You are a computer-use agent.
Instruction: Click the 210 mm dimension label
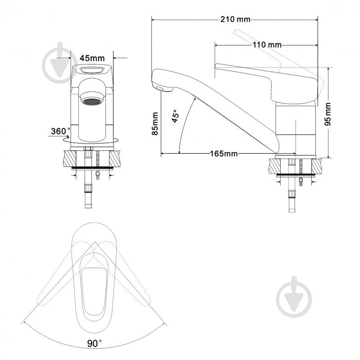pos(235,19)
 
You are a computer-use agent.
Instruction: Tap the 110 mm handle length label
pos(267,45)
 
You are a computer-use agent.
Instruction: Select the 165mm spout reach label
pos(224,153)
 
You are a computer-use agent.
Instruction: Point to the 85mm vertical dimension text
pos(155,124)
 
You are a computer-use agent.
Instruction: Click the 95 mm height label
pos(328,114)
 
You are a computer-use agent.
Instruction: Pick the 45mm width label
pos(92,58)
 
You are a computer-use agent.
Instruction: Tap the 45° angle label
pos(175,116)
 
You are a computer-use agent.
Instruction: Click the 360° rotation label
pos(60,131)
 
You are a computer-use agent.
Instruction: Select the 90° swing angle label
pos(94,343)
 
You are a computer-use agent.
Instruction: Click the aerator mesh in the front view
pos(92,101)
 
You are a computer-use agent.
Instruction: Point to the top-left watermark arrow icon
pos(60,63)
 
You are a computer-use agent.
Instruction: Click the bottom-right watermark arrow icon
pos(294,297)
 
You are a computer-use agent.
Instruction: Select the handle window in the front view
pos(92,70)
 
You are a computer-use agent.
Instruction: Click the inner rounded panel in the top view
pos(94,292)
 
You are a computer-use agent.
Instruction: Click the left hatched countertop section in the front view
pos(70,159)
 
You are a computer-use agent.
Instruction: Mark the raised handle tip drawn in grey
pos(236,32)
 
